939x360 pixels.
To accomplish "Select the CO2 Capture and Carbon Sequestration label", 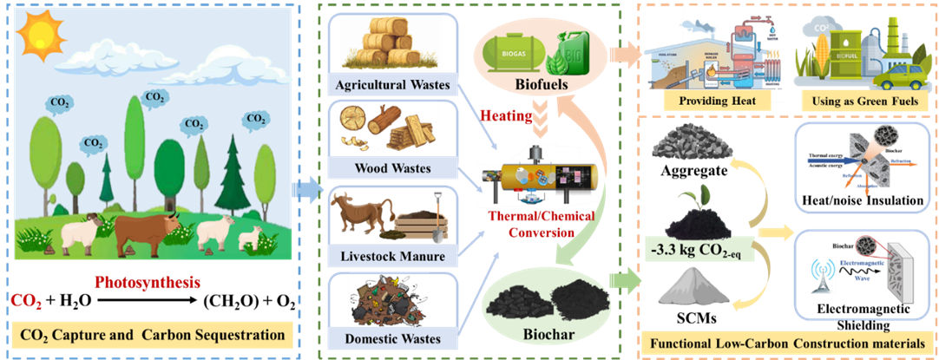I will click(152, 333).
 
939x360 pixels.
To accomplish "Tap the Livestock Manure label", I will click(392, 256).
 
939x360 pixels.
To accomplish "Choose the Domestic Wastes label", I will click(392, 338).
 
